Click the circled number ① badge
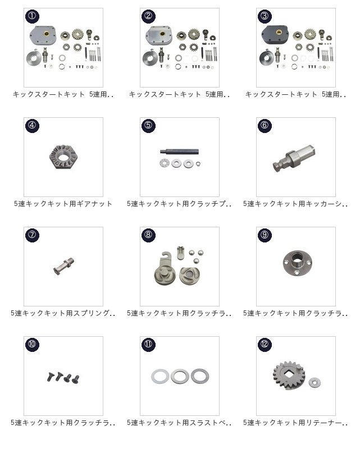coord(32,16)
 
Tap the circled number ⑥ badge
coord(265,125)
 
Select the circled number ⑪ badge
coord(148,344)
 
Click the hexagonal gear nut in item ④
coord(63,157)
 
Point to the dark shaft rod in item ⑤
coord(179,152)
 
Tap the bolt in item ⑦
coord(63,266)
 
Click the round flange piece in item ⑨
coord(298,263)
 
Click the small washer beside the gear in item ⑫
coord(315,382)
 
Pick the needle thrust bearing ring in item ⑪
coord(200,376)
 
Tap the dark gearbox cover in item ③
coord(275,35)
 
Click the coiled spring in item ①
coord(34,58)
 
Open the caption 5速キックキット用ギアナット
coord(63,204)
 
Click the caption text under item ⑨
coord(295,313)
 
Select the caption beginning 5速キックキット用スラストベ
coord(179,423)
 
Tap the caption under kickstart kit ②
coord(179,94)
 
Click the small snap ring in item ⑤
coord(198,164)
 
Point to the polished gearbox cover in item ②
coord(159,35)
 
